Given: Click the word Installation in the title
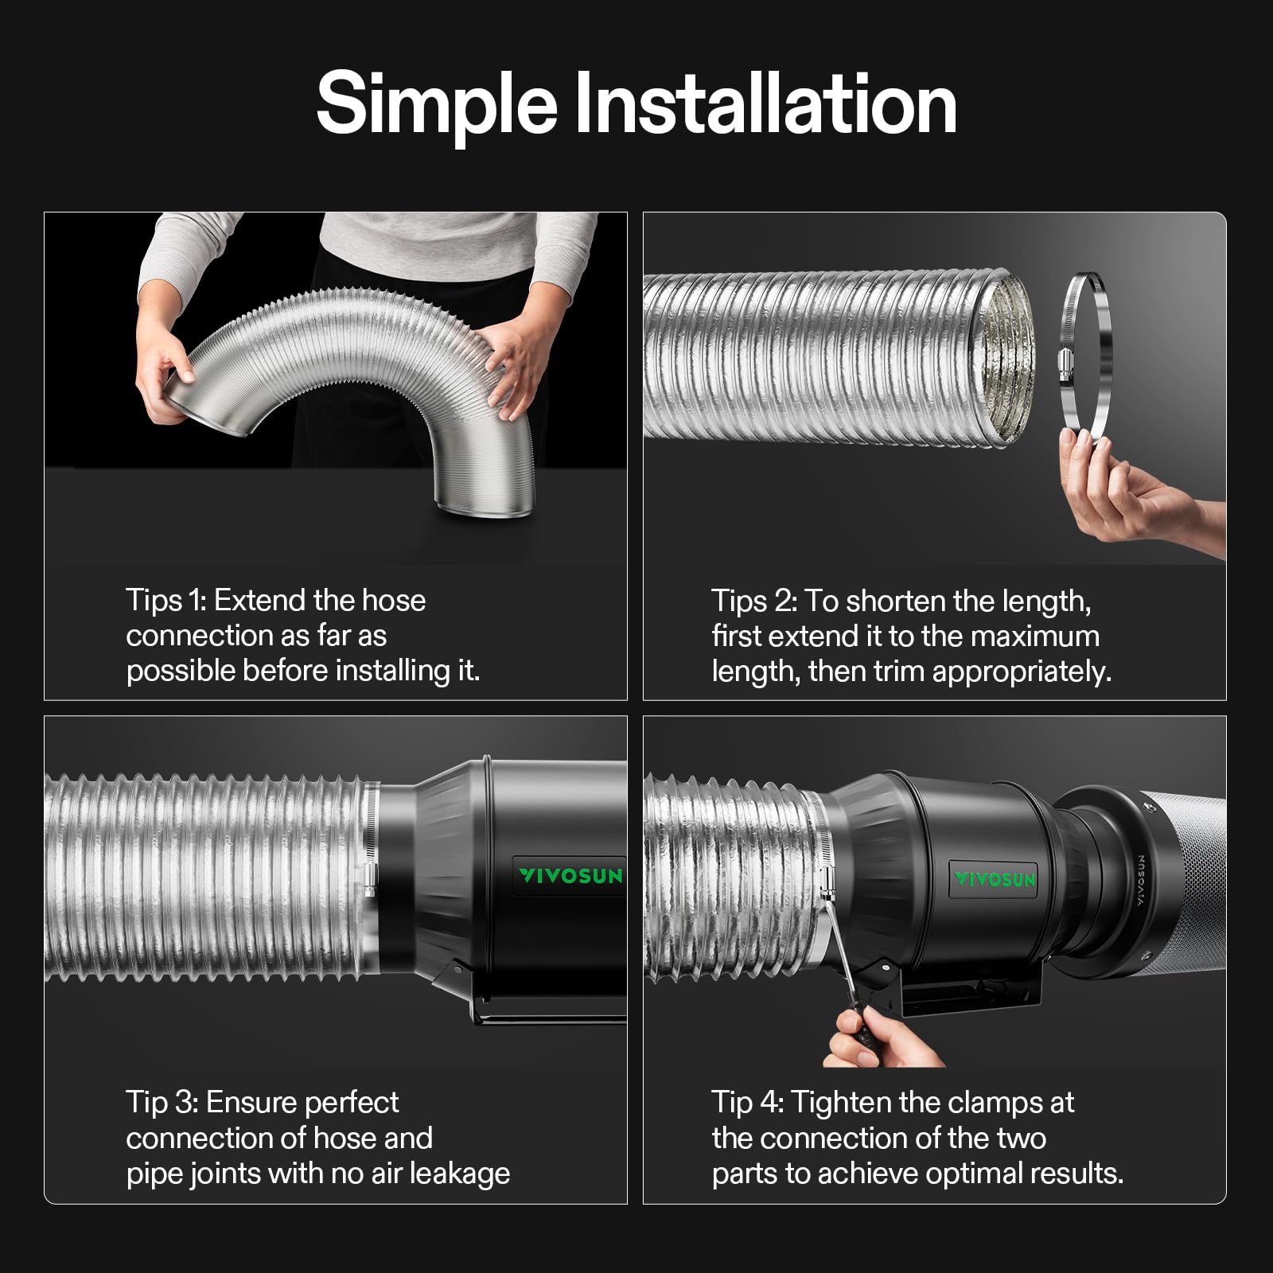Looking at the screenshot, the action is coord(765,103).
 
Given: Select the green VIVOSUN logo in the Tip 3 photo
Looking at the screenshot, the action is coord(570,876).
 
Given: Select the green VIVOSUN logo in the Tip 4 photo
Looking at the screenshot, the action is coord(995,879).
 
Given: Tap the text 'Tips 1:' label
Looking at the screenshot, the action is coord(165,601).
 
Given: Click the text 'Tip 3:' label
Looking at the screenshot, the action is coord(162,1103).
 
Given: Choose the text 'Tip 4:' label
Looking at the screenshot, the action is coord(748,1103).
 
